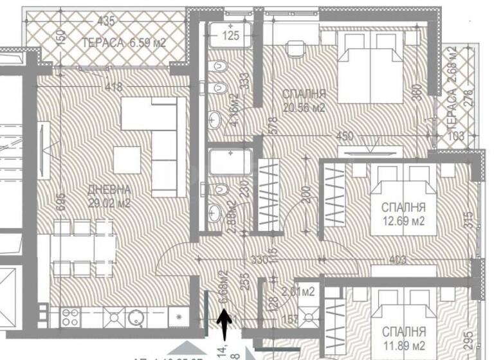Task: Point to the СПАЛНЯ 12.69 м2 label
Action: coord(404,215)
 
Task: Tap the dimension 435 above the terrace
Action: coord(105,21)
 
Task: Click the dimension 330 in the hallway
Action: coord(241,260)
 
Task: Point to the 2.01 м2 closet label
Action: coord(299,291)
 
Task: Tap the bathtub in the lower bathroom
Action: coord(230,161)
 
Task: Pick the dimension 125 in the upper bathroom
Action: coord(230,36)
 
